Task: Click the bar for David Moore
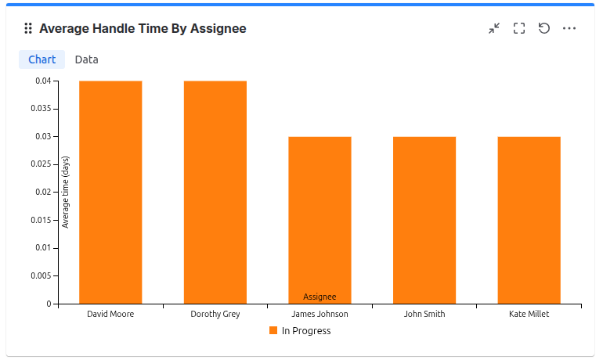coord(110,192)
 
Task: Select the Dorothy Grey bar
coord(215,192)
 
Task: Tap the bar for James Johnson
coord(320,220)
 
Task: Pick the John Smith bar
coord(424,220)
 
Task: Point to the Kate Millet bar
coord(529,220)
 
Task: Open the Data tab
coord(86,59)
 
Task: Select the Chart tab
coord(42,59)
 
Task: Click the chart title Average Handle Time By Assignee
coord(143,29)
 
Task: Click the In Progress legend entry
coord(300,331)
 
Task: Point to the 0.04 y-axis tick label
coord(43,81)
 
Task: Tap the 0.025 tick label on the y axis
coord(41,164)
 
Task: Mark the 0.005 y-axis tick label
coord(41,275)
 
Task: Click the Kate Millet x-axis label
coord(529,314)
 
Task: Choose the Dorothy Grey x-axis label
coord(215,314)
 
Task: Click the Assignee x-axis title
coord(320,297)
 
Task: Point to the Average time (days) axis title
coord(66,192)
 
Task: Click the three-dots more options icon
coord(569,29)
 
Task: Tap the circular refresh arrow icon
coord(544,28)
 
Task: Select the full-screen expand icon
coord(519,29)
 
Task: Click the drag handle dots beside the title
coord(28,29)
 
